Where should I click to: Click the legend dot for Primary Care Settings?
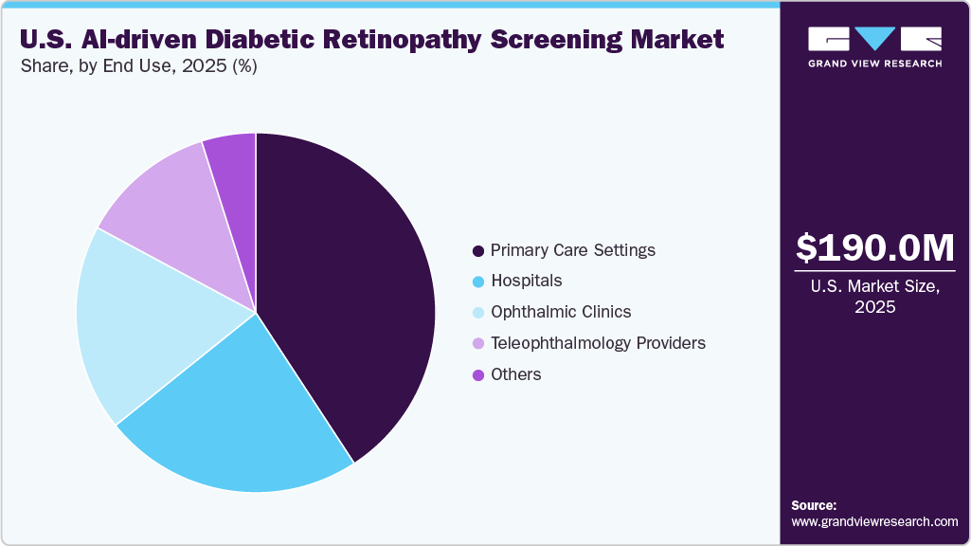[x=478, y=251]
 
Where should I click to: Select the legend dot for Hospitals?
[x=478, y=282]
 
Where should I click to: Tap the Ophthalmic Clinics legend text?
[x=561, y=312]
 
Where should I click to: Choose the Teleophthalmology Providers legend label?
[x=598, y=343]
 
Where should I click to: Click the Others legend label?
[x=516, y=374]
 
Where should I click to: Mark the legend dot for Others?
[x=478, y=374]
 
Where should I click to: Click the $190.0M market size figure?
[x=875, y=247]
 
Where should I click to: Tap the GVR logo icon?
[x=874, y=38]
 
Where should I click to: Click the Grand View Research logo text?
[x=874, y=64]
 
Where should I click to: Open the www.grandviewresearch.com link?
[x=874, y=521]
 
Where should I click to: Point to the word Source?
[x=814, y=505]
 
